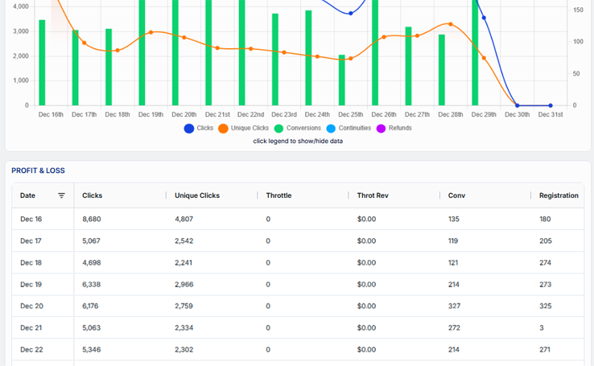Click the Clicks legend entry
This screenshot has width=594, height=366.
tap(199, 129)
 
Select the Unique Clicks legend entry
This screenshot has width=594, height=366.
tap(244, 129)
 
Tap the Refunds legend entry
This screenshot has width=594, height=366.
tap(394, 129)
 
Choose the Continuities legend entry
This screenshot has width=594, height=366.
tap(349, 129)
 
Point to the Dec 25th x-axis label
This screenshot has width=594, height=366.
tap(350, 115)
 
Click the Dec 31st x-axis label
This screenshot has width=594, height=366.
tap(551, 115)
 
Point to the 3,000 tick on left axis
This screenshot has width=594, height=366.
tap(18, 31)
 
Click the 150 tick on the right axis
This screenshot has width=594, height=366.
tap(578, 10)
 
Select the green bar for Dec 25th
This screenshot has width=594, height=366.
tap(342, 80)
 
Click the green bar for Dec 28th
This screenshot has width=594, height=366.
tap(442, 70)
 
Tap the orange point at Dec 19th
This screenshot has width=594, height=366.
tap(151, 32)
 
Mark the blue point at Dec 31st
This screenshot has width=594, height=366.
tap(551, 105)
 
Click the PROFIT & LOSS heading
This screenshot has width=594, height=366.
tap(38, 171)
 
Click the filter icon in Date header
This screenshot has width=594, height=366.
tap(61, 195)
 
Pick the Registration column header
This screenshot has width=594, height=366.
tap(559, 195)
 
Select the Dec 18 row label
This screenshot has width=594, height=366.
tap(31, 263)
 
